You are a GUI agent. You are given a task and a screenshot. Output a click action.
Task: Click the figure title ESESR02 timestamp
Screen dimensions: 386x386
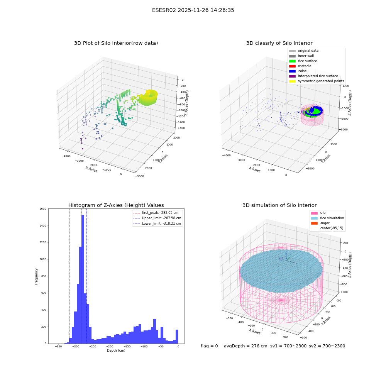coord(193,10)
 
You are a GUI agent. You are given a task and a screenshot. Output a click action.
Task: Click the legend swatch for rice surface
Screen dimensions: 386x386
coord(292,61)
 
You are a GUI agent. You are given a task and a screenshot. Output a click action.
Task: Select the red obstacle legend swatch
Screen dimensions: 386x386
coord(292,66)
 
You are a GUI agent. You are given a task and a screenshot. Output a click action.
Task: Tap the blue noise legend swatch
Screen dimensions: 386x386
coord(292,71)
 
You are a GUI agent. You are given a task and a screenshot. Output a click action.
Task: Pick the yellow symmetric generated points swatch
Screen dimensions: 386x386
coord(292,81)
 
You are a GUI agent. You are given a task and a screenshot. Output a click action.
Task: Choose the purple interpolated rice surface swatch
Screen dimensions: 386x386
coord(292,76)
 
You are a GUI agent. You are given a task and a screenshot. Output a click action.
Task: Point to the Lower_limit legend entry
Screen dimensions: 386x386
coord(157,223)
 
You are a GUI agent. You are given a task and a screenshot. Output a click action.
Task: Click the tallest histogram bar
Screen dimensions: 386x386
coord(83,279)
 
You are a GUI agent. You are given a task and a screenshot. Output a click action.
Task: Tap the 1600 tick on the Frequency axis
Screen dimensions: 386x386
coord(43,209)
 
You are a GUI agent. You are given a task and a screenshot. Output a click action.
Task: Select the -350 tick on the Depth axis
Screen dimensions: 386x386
coord(58,346)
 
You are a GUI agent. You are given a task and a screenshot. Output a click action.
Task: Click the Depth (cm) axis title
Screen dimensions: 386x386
coord(116,350)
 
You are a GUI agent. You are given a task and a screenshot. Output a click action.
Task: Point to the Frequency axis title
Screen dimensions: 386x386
coord(36,276)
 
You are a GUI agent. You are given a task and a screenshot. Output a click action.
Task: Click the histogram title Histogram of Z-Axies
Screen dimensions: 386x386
coord(116,205)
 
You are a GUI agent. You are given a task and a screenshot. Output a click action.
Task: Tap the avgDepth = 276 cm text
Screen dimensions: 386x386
coord(245,346)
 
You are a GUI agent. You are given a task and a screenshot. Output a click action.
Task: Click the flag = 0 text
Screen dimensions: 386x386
coord(209,346)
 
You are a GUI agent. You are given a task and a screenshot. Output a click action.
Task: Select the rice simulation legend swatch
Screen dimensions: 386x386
coord(314,218)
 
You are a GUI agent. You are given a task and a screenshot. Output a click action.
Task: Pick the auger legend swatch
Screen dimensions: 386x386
coord(314,223)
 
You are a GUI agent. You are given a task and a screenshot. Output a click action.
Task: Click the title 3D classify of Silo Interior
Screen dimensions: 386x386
coord(279,43)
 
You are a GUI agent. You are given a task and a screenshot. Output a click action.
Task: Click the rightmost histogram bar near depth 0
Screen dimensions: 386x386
coord(177,337)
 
